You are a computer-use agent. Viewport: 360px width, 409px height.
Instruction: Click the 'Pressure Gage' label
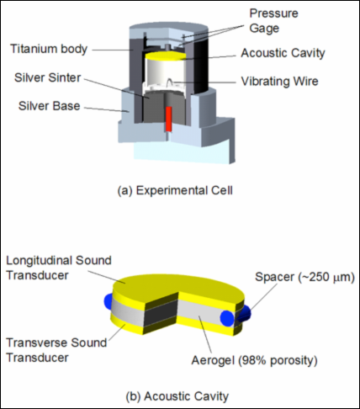[x=273, y=21]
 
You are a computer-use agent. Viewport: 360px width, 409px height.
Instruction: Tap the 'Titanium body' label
[x=49, y=49]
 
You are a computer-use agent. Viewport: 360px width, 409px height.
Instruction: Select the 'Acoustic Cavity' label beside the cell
[x=283, y=53]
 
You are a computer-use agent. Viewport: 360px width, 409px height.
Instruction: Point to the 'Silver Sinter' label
[x=48, y=77]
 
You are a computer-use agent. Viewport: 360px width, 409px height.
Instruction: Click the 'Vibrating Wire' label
[x=280, y=82]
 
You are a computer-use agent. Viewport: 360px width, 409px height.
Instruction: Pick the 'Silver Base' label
[x=50, y=106]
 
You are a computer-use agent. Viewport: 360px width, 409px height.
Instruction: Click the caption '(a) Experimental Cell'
[x=175, y=190]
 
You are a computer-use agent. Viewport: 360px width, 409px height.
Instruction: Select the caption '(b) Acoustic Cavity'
[x=177, y=396]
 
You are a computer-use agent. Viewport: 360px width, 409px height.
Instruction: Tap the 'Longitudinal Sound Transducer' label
[x=59, y=268]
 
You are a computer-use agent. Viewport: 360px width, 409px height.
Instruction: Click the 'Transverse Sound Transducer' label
[x=56, y=350]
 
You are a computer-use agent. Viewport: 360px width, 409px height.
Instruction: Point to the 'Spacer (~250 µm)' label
[x=304, y=277]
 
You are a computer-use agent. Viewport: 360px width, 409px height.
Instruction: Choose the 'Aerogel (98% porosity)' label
[x=255, y=360]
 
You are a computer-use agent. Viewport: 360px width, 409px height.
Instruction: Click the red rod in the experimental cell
[x=168, y=119]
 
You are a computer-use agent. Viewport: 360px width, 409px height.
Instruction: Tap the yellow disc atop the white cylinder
[x=166, y=56]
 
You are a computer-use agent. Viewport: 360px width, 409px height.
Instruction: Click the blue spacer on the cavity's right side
[x=227, y=318]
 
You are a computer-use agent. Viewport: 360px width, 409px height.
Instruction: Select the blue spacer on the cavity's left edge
[x=108, y=300]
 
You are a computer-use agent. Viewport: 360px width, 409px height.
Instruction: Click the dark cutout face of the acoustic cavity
[x=161, y=314]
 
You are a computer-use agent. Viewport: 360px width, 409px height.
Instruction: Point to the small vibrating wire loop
[x=170, y=82]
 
